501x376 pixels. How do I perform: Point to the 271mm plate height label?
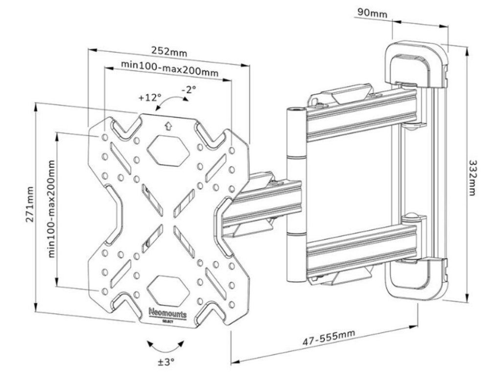(30, 204)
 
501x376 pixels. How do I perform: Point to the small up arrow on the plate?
(167, 126)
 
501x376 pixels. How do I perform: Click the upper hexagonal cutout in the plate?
(167, 150)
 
